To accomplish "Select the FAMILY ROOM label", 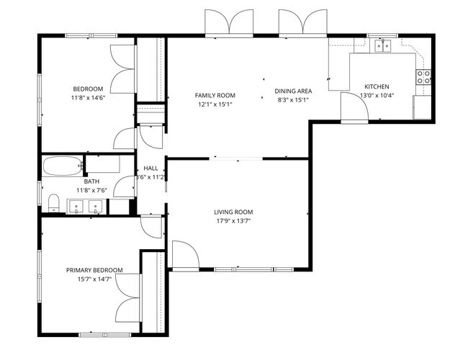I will (215, 95).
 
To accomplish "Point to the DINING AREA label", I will (293, 91).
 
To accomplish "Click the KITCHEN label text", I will (377, 86).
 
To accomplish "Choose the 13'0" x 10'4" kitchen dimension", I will (377, 95).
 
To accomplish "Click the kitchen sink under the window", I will (382, 46).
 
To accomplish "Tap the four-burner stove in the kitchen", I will (423, 76).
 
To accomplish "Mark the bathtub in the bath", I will (62, 166).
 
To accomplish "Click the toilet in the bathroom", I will (53, 202).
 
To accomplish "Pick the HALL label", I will (150, 168).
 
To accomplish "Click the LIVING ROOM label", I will (233, 212).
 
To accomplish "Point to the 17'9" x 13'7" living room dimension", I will (233, 221).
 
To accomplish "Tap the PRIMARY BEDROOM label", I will (94, 270).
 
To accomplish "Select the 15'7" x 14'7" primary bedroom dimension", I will (94, 279).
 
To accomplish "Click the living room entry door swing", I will (183, 253).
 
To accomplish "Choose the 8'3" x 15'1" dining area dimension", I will (293, 100).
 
